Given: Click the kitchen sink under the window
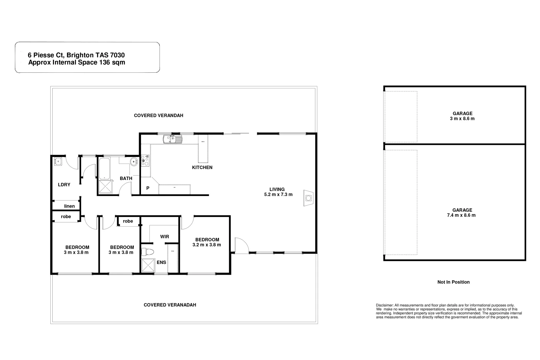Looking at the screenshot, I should point(172,139).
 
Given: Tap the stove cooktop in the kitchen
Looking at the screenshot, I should point(145,161).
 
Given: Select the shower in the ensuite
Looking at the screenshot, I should point(148,266).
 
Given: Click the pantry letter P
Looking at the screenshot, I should point(148,188).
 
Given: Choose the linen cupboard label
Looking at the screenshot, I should point(69,206).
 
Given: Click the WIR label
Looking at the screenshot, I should point(164,237).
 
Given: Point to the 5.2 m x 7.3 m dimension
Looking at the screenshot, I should point(278,195).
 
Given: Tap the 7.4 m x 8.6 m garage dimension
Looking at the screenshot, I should point(462,215).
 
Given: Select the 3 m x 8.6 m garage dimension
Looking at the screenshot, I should point(462,119).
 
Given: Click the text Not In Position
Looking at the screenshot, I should point(453,282).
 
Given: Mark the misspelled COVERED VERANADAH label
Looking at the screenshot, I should point(170,305).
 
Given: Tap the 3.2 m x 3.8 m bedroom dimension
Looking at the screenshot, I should point(207,245).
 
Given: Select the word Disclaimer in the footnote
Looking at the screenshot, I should point(384,305).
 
